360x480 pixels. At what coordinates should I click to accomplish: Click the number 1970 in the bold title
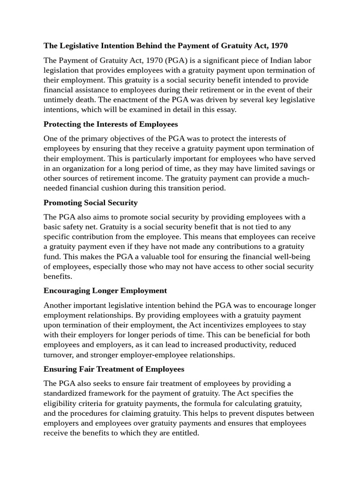pyautogui.click(x=278, y=45)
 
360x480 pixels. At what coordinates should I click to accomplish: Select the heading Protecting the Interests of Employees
pyautogui.click(x=111, y=124)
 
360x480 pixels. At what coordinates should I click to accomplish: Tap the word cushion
pyautogui.click(x=129, y=188)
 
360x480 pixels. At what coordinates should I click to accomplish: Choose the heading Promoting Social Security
pyautogui.click(x=90, y=202)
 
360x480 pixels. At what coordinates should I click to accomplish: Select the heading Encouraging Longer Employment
pyautogui.click(x=105, y=291)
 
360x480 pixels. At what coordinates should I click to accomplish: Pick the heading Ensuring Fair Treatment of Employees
pyautogui.click(x=114, y=369)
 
